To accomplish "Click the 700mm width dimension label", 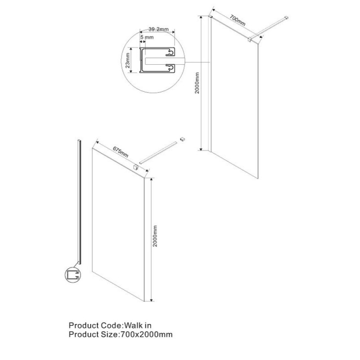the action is (x=238, y=20).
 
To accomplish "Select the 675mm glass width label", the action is (x=121, y=152).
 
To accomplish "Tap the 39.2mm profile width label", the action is (x=158, y=29).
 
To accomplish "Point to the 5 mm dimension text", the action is (x=147, y=37).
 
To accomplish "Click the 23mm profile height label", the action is (x=128, y=60).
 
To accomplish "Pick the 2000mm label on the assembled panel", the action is (x=197, y=83).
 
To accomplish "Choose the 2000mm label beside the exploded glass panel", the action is (x=155, y=236).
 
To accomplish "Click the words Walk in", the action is (x=138, y=325).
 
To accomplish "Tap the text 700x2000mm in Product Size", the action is (x=145, y=334).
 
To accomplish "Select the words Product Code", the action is (x=95, y=325).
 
